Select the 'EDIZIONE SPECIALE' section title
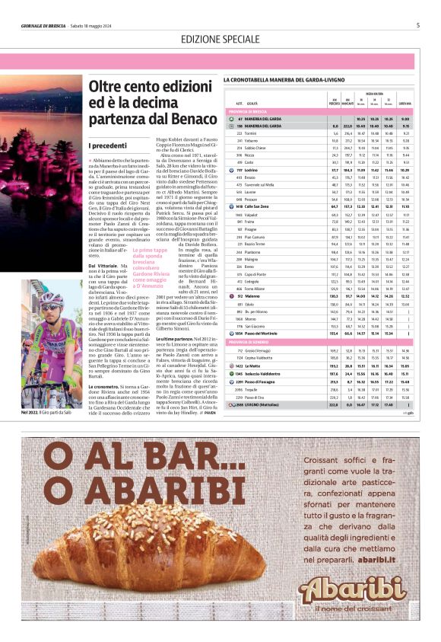[x=220, y=39]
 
